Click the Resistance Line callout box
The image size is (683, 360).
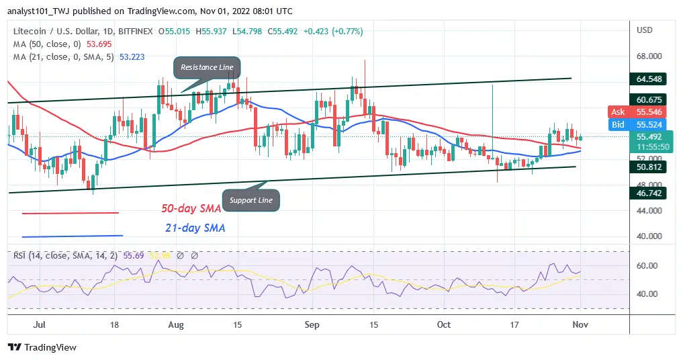point(207,68)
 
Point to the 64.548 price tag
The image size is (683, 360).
point(651,79)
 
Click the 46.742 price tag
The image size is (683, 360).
point(651,192)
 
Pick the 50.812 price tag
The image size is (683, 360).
point(651,167)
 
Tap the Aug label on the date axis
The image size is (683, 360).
point(176,324)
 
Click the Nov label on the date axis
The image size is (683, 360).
point(580,324)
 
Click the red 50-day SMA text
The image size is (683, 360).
point(191,209)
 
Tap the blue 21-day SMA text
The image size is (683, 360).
point(195,228)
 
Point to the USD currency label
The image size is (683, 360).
point(645,30)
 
